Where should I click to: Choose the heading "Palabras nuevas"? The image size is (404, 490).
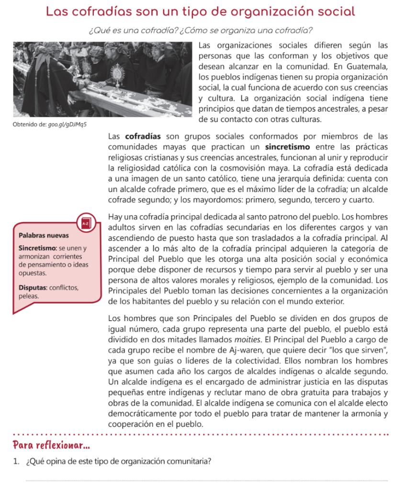tap(44, 235)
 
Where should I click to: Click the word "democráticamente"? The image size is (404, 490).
tap(146, 414)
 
